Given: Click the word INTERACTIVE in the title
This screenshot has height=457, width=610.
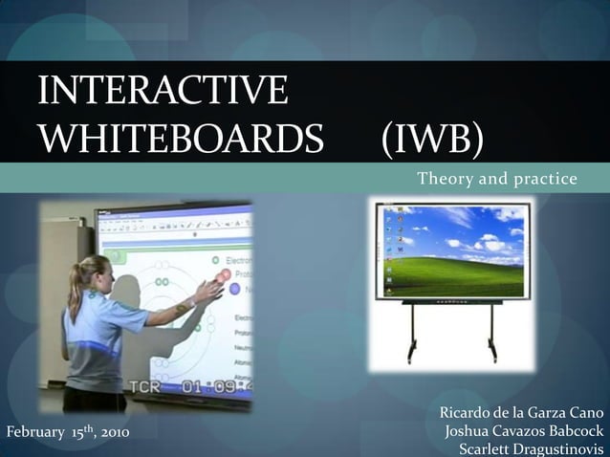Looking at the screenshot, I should pos(163,92).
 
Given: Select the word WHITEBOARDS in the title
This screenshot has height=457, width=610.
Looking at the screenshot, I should pos(182,140).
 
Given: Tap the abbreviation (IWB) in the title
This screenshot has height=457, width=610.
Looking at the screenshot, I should pos(432,140).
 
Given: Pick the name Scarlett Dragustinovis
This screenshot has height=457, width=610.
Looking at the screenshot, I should pos(532,449).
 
